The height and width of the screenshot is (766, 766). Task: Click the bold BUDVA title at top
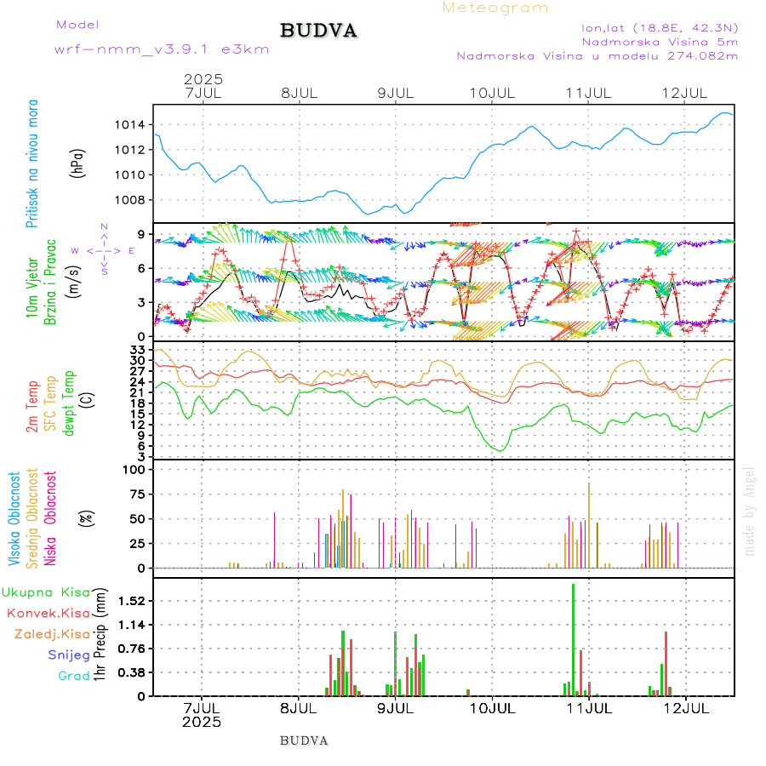click(x=318, y=31)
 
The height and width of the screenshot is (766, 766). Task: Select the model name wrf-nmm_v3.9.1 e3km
click(x=162, y=49)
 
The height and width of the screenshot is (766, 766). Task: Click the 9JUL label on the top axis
click(x=396, y=92)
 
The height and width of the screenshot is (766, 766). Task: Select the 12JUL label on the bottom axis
click(x=686, y=707)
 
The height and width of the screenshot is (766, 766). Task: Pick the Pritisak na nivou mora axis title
click(x=32, y=163)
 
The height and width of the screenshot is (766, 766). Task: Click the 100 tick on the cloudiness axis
click(x=134, y=469)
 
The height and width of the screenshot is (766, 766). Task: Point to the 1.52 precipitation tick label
click(x=133, y=601)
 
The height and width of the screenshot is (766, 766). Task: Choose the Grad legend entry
click(x=73, y=677)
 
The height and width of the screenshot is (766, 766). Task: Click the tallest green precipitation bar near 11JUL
click(x=573, y=638)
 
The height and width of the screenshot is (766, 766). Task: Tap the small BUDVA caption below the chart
click(x=304, y=740)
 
